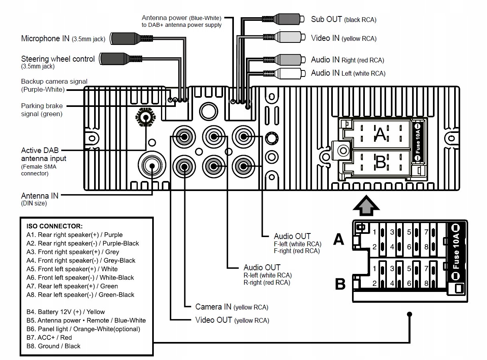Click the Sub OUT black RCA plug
point(288,19)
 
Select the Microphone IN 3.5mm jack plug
point(127,38)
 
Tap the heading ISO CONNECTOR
point(54,226)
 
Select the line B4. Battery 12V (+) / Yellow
point(66,312)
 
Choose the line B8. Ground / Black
point(53,346)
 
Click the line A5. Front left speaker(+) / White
point(72,269)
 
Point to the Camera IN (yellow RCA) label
point(231,307)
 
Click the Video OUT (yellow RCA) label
point(232,320)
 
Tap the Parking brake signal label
point(42,110)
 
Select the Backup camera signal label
point(54,85)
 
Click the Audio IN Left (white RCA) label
point(348,73)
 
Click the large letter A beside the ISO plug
point(339,239)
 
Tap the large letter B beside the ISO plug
point(340,284)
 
